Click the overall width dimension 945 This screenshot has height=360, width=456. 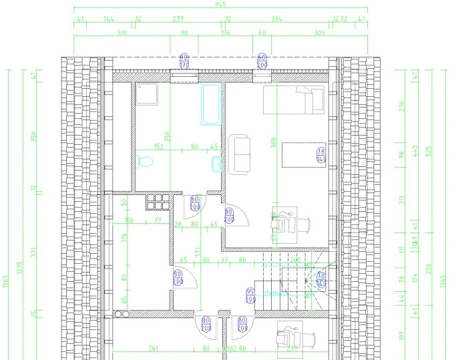[x=220, y=5]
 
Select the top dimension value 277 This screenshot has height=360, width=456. [x=178, y=19]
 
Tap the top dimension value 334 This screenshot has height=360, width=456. [x=277, y=19]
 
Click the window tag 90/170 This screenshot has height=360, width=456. [x=185, y=61]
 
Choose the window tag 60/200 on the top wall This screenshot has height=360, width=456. [x=262, y=61]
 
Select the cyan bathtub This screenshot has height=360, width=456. [x=211, y=104]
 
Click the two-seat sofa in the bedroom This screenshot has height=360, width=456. [x=240, y=155]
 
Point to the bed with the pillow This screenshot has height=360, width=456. [x=294, y=100]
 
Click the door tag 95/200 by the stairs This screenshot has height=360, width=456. [x=250, y=296]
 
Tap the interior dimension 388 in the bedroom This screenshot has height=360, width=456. [x=274, y=143]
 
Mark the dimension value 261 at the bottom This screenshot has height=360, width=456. [x=153, y=348]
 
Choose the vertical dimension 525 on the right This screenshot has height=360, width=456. [x=430, y=151]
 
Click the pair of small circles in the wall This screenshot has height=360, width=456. [x=122, y=313]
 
